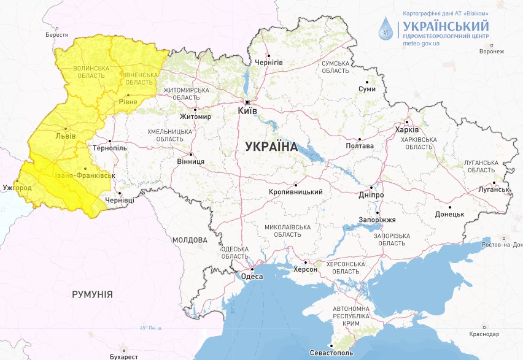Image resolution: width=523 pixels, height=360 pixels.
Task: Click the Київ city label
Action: point(247,111)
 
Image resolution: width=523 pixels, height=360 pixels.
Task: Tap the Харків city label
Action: point(407,130)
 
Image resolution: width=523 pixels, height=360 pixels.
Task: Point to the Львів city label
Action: point(66,136)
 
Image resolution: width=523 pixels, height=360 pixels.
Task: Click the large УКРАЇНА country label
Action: point(271,147)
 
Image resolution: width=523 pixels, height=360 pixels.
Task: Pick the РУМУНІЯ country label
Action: point(92,295)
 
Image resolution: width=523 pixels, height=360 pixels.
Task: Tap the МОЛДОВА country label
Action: point(190,240)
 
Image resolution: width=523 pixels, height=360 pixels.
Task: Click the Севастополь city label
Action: point(331,354)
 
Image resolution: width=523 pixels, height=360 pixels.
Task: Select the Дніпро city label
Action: point(372,195)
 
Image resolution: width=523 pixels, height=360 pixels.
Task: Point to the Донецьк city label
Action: point(449,214)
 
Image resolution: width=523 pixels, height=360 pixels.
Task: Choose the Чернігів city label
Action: point(268,63)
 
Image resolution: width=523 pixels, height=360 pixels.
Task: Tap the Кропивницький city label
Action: point(296,192)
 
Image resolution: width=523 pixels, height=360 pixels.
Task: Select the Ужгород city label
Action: point(17,186)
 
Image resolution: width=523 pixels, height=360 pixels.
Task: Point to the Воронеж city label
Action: point(491,52)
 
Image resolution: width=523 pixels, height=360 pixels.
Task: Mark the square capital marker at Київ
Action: point(247,102)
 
